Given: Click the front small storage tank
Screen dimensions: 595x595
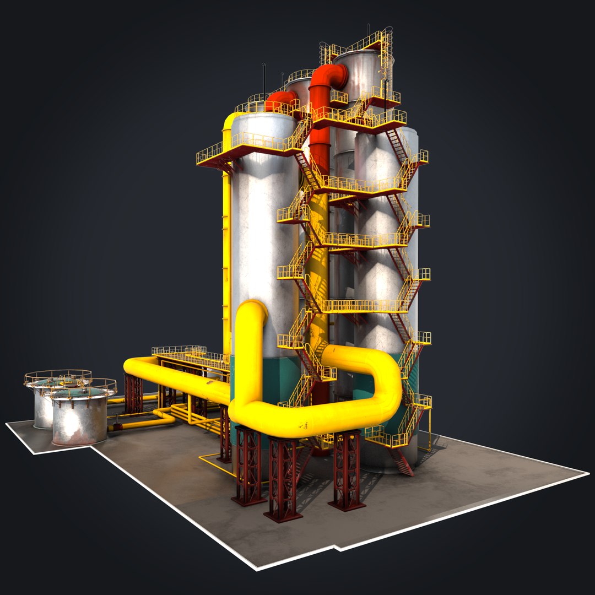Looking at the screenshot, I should point(80,419).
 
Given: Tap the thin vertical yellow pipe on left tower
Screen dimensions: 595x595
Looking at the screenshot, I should point(226,248).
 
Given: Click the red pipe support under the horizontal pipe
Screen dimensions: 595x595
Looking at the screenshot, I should point(133,393).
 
